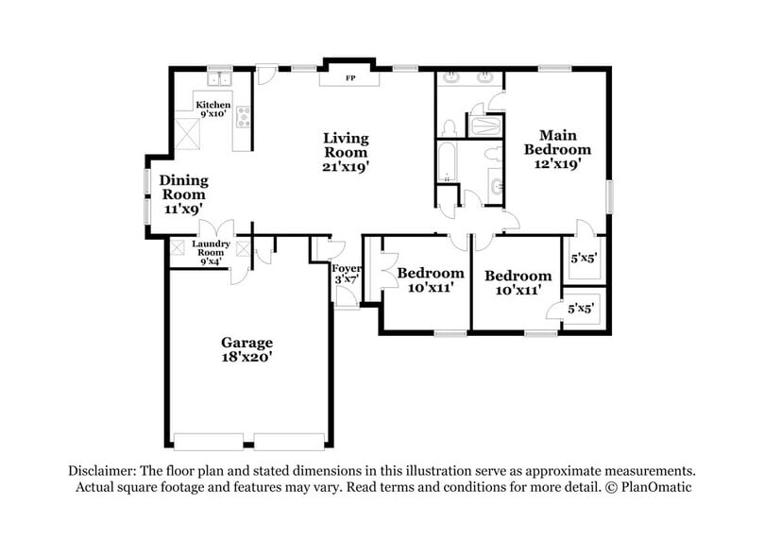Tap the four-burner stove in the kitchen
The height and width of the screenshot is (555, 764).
click(x=244, y=118)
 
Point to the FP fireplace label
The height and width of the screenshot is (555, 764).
click(x=350, y=77)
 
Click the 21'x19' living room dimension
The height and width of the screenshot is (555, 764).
click(x=345, y=166)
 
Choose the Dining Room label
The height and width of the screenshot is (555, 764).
click(x=182, y=187)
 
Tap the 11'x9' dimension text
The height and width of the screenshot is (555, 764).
click(x=182, y=207)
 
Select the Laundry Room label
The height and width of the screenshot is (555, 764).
click(x=210, y=247)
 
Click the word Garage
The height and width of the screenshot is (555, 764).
click(x=246, y=342)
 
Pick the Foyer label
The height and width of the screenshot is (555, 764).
click(x=348, y=269)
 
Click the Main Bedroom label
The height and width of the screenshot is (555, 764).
click(x=557, y=142)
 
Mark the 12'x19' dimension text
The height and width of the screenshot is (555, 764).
click(x=557, y=162)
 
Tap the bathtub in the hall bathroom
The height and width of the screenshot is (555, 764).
click(x=447, y=160)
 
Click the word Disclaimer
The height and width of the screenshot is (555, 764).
click(x=100, y=470)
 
